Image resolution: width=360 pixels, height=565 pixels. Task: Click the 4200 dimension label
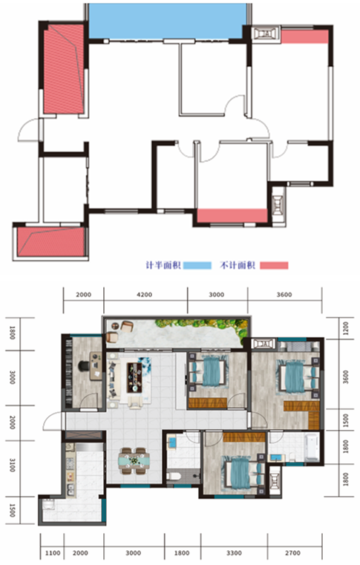(144, 295)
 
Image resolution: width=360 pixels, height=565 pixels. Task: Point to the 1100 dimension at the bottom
(52, 552)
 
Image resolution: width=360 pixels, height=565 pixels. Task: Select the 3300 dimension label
(234, 552)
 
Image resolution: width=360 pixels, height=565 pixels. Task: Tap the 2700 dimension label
(292, 552)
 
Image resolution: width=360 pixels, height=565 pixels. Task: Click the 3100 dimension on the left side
(13, 465)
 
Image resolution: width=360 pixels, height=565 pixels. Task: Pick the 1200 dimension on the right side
(346, 328)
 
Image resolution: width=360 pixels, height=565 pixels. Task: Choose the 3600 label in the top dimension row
(284, 295)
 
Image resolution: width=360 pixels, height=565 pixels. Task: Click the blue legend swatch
(197, 265)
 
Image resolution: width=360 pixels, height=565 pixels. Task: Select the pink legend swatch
(274, 265)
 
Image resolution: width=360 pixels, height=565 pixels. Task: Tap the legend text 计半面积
(163, 265)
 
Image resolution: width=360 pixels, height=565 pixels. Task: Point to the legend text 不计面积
(238, 265)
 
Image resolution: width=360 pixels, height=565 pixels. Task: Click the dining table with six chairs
(134, 460)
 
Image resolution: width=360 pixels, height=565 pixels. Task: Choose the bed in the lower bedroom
(243, 473)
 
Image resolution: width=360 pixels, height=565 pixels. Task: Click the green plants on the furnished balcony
(202, 325)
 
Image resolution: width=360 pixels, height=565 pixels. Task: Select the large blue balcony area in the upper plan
(166, 21)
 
